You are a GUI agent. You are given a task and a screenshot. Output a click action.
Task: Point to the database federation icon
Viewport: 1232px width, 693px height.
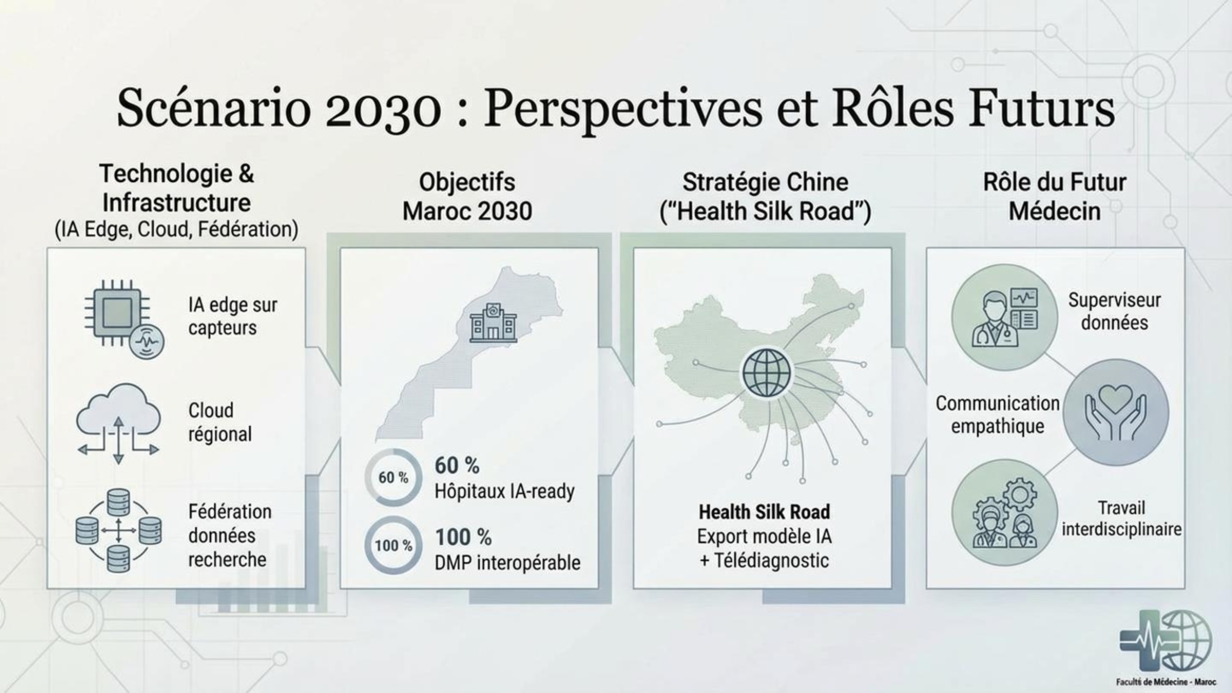click(x=118, y=530)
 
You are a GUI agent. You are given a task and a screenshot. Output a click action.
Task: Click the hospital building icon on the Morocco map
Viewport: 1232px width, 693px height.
click(x=493, y=323)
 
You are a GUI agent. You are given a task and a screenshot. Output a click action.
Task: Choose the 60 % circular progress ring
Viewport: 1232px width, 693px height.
click(x=393, y=477)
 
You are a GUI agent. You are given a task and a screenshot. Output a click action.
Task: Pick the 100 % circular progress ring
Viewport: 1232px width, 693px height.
click(x=393, y=545)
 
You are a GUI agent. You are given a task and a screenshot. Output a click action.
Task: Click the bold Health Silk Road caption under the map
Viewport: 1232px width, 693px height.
click(x=764, y=512)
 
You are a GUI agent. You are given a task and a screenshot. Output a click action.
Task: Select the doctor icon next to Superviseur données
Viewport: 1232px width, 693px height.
click(x=1004, y=317)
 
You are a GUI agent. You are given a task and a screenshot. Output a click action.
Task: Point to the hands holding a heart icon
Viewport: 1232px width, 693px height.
click(x=1115, y=412)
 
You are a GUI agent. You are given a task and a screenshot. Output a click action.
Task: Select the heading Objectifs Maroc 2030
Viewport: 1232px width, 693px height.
click(x=467, y=197)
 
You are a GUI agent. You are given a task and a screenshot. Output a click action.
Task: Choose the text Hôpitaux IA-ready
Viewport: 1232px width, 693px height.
click(x=504, y=491)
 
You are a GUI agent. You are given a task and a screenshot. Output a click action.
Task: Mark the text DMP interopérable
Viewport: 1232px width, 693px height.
click(x=507, y=563)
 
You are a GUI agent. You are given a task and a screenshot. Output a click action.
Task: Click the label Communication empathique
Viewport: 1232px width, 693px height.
click(x=998, y=415)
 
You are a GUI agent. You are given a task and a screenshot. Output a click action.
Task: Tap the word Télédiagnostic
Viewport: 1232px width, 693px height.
click(x=771, y=560)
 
